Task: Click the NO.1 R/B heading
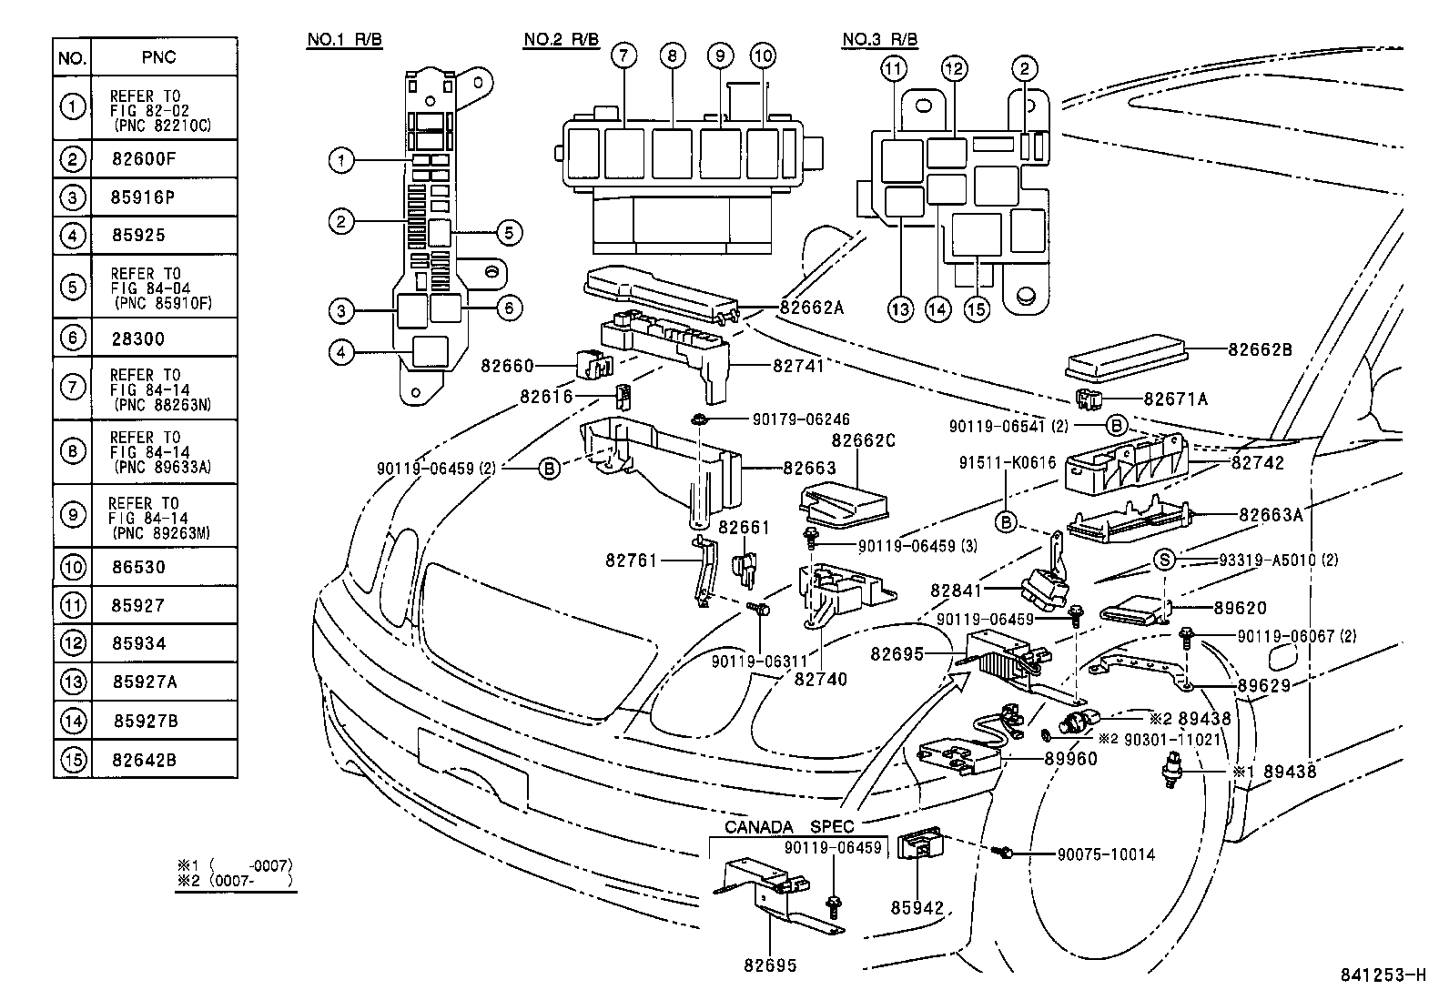coord(344,40)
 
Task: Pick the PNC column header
coord(158,57)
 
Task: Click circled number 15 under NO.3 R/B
coord(977,309)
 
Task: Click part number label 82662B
coord(1261,348)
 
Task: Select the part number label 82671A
coord(1177,399)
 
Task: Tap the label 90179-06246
coord(801,419)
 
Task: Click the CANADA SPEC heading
coord(789,827)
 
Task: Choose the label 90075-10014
coord(1105,854)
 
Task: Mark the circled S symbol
coord(1165,560)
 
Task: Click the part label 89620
coord(1240,608)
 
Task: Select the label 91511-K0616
coord(1007,462)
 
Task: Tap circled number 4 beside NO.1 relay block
coord(340,352)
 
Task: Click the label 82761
coord(631,561)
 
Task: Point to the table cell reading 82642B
coord(144,759)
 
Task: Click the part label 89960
coord(1070,758)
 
